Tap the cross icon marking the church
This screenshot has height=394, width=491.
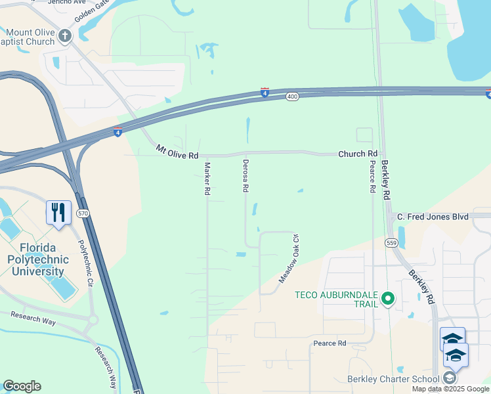(65, 36)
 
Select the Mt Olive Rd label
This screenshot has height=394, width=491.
(177, 153)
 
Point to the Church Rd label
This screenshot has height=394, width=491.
(357, 154)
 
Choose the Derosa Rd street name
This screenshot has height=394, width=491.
(245, 175)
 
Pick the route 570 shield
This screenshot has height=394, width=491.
(82, 213)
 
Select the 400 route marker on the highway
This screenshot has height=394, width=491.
(293, 97)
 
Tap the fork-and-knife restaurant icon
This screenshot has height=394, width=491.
(58, 212)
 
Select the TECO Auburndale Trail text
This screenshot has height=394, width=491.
(337, 299)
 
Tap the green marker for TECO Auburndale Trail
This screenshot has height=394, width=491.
(387, 299)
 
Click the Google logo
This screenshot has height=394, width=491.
(22, 386)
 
